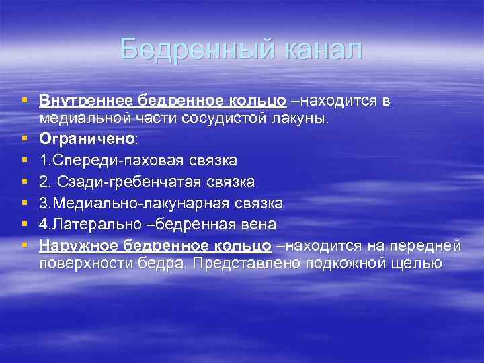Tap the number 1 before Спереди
tap(44, 161)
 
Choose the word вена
tap(259, 223)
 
